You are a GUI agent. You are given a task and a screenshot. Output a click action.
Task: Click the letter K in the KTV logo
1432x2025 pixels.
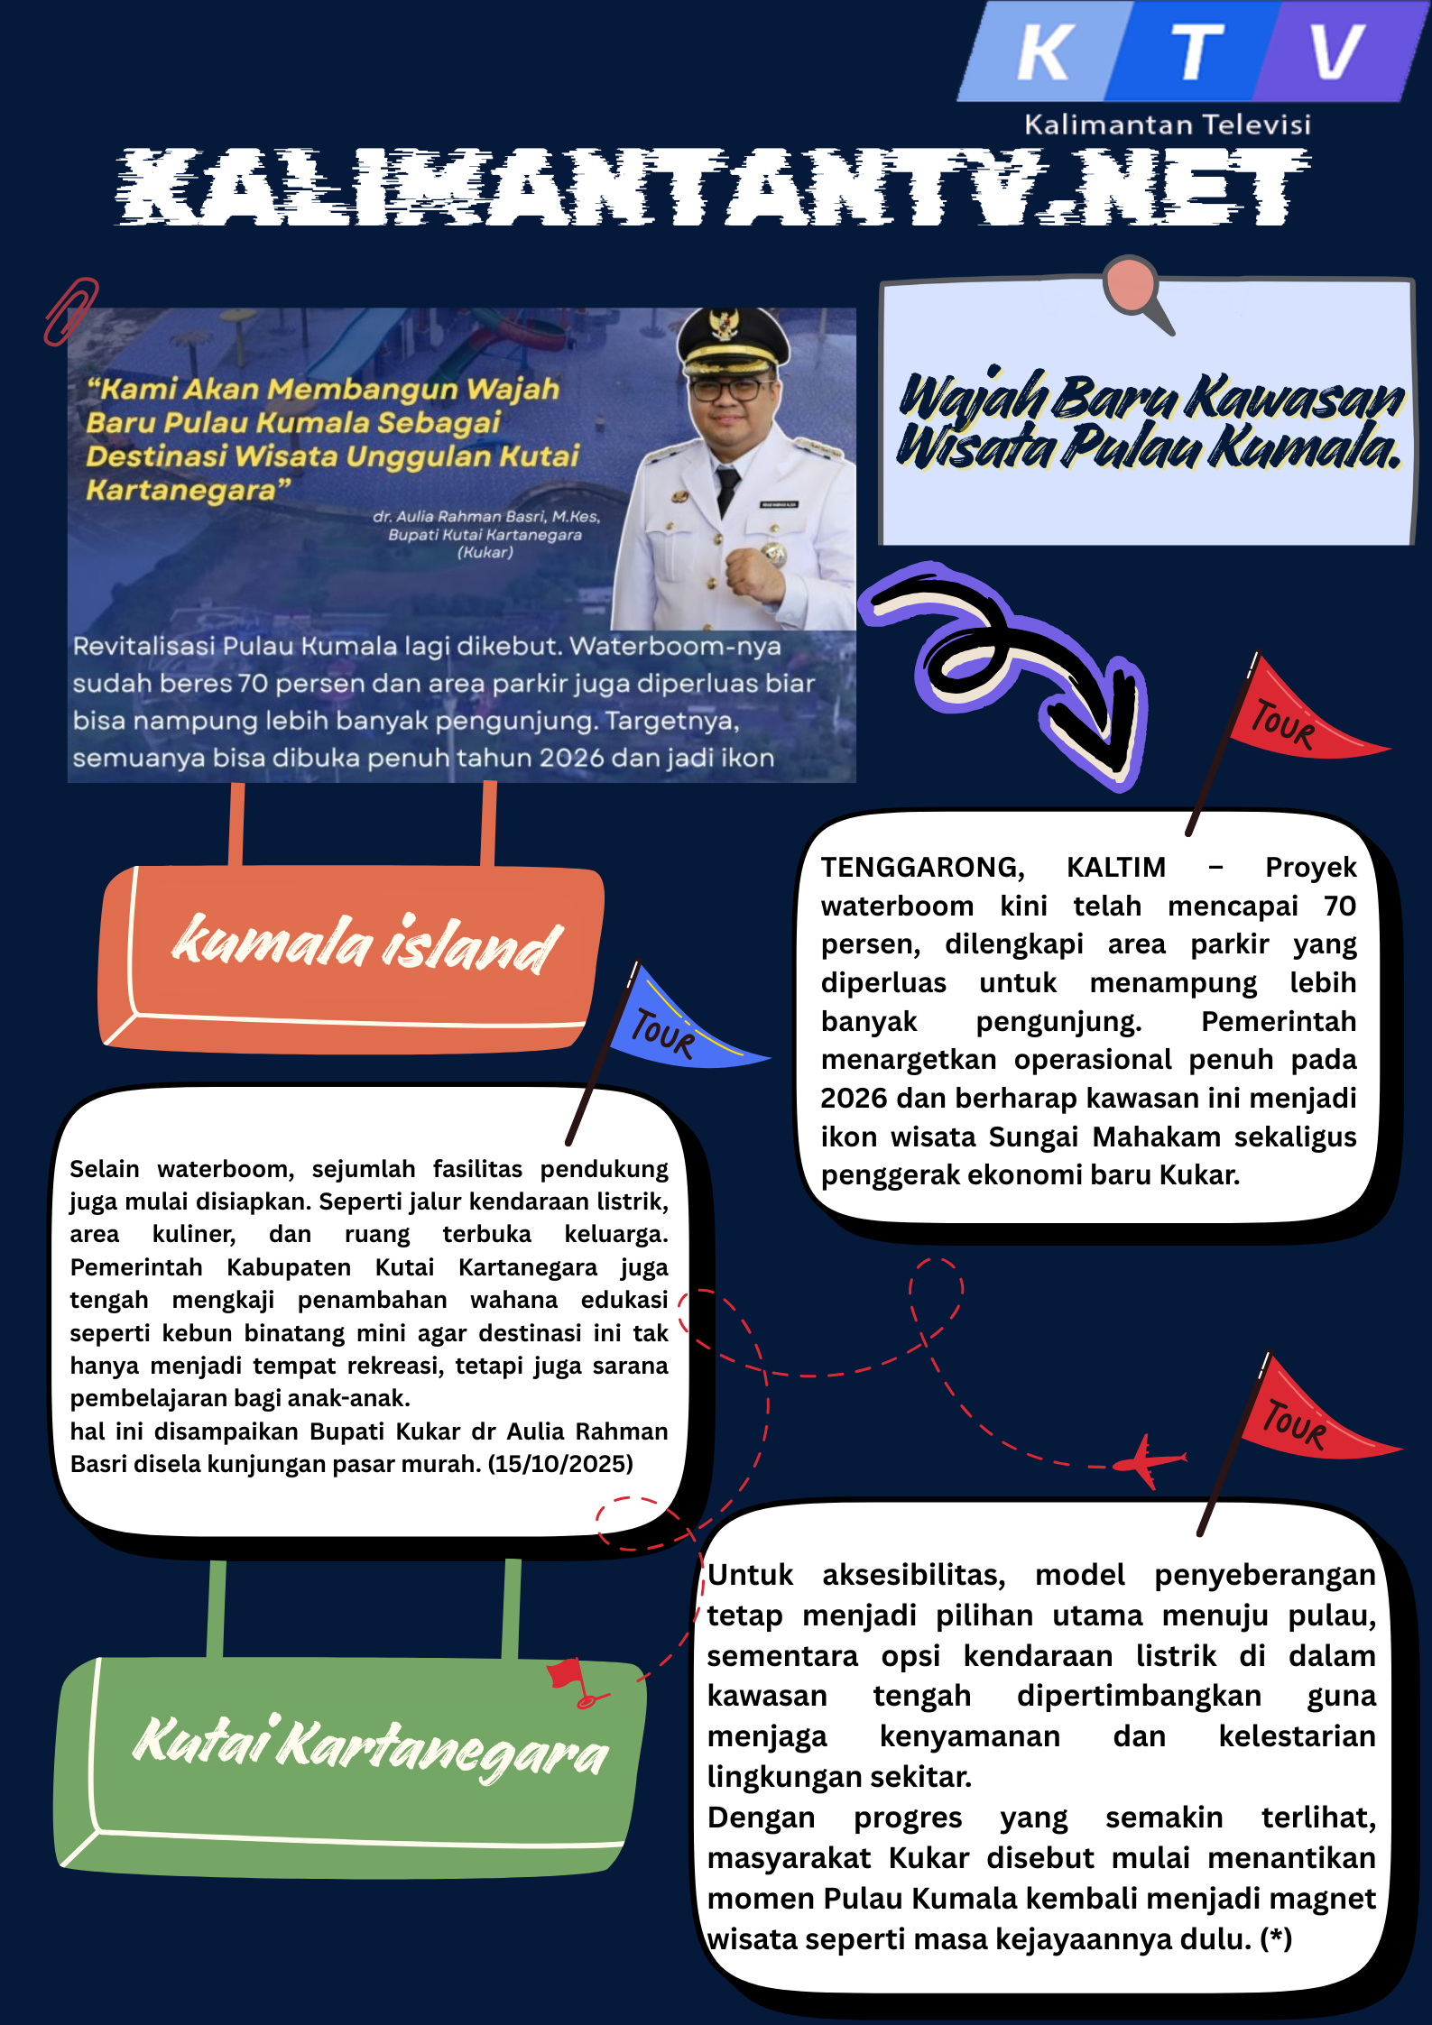pyautogui.click(x=1045, y=52)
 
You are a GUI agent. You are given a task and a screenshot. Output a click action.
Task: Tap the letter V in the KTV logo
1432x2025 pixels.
pyautogui.click(x=1335, y=52)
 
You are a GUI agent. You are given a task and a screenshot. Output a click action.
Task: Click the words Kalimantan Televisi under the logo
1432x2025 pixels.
pyautogui.click(x=1167, y=124)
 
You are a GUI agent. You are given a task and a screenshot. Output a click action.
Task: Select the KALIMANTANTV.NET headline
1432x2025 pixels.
pyautogui.click(x=713, y=186)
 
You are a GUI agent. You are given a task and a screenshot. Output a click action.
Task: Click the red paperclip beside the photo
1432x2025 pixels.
pyautogui.click(x=70, y=311)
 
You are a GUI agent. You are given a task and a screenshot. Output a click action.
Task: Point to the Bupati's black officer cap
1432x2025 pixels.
pyautogui.click(x=727, y=346)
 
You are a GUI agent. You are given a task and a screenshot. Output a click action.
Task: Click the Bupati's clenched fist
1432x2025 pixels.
pyautogui.click(x=753, y=568)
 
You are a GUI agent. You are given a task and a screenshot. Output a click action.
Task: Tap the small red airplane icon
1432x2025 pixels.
pyautogui.click(x=1147, y=1459)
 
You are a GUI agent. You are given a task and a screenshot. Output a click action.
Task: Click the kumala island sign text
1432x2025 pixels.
pyautogui.click(x=365, y=944)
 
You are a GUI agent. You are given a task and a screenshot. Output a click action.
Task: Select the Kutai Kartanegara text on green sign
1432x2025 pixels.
pyautogui.click(x=370, y=1747)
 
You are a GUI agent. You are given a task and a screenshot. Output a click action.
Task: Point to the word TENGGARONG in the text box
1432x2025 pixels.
pyautogui.click(x=922, y=867)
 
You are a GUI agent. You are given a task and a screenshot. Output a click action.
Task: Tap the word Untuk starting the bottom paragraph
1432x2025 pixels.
pyautogui.click(x=750, y=1575)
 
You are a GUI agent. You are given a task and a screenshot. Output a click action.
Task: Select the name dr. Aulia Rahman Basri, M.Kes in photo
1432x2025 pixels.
pyautogui.click(x=486, y=517)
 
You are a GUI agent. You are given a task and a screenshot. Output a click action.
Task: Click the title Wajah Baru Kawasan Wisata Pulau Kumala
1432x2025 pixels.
pyautogui.click(x=1149, y=421)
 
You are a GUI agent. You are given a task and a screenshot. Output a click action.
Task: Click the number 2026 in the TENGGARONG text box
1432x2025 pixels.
pyautogui.click(x=854, y=1098)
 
